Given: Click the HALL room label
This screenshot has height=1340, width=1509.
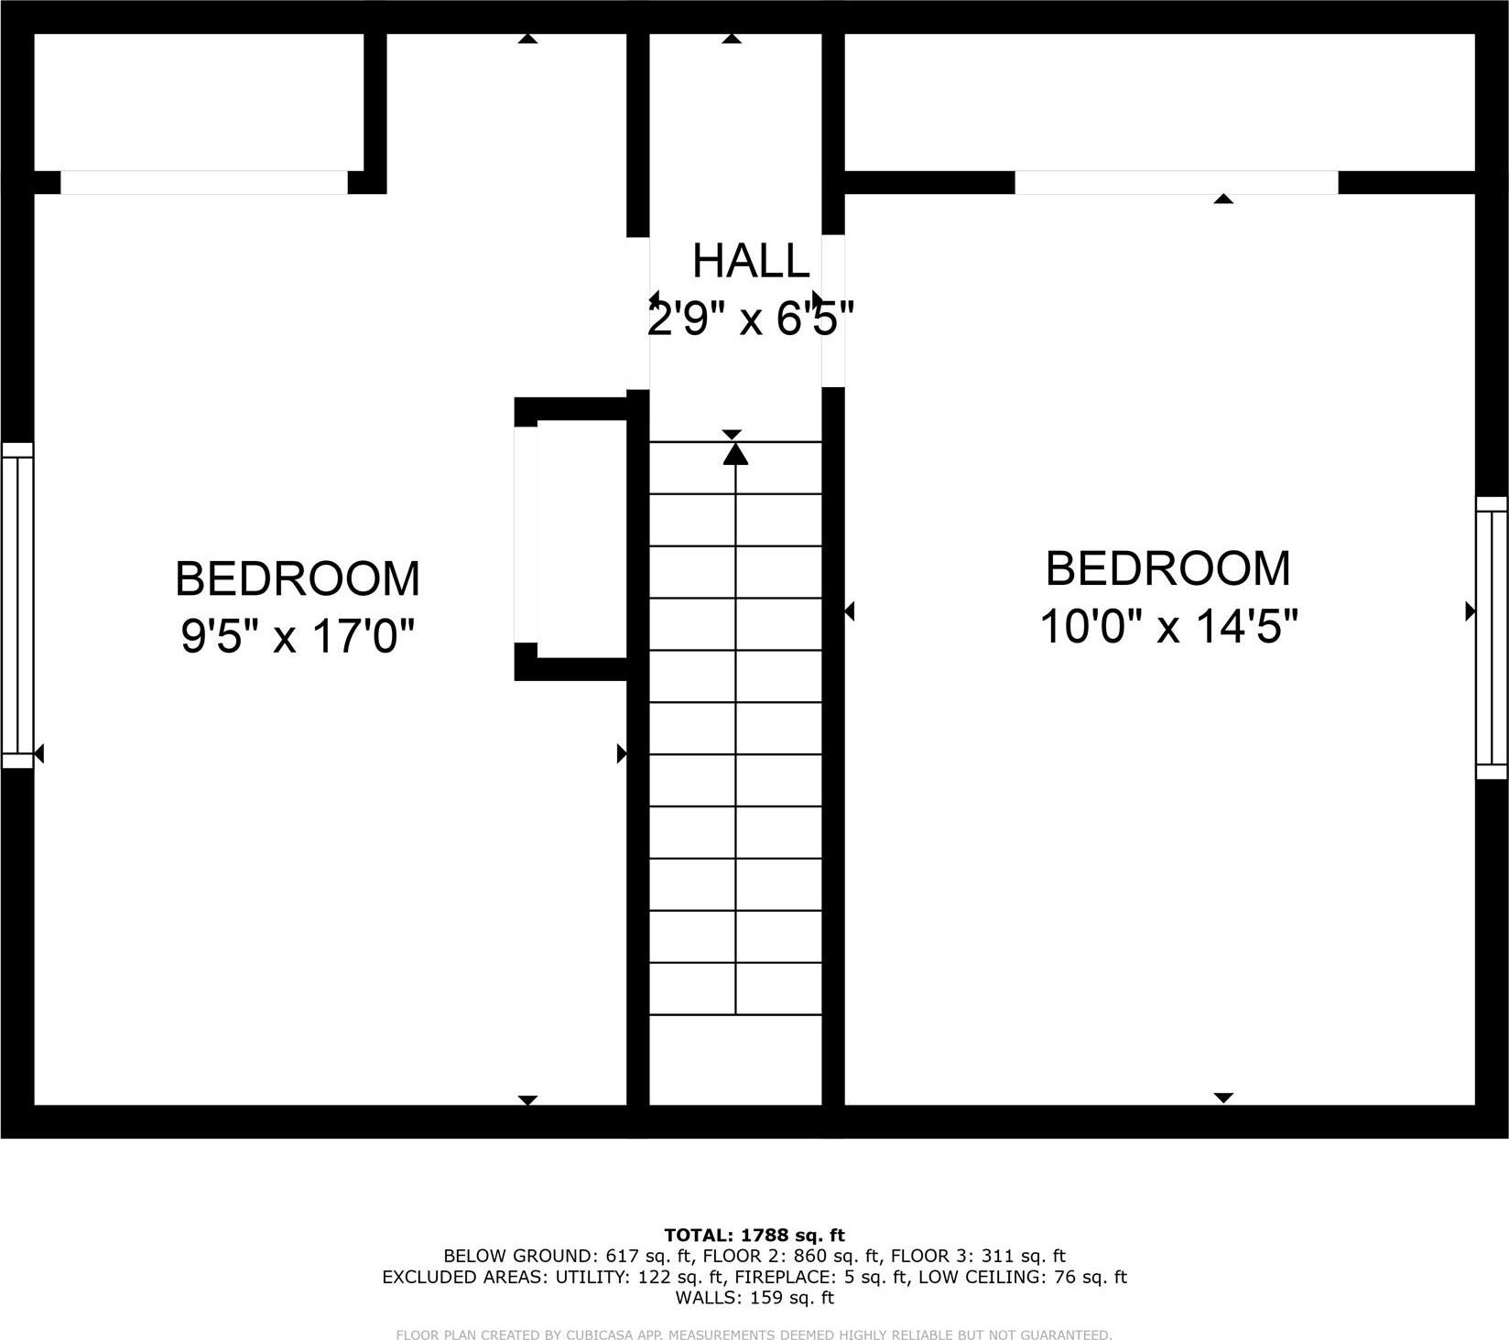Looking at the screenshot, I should [751, 261].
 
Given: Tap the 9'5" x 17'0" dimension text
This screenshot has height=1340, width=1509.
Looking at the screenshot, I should [298, 635].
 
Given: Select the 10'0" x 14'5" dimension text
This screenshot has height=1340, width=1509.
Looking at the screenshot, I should [1168, 627].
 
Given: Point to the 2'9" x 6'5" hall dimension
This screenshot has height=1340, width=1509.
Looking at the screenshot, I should [751, 319].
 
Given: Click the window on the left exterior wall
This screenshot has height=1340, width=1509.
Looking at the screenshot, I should [16, 605].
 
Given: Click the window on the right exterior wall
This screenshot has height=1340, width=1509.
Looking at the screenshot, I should [1491, 638].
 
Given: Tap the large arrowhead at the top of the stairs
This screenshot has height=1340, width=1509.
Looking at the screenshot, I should [735, 454].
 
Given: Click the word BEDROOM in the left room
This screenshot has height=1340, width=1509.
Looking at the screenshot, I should [298, 578].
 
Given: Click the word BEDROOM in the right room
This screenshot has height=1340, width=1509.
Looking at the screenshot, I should [1168, 568].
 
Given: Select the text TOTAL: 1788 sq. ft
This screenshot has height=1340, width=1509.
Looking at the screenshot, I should [754, 1236].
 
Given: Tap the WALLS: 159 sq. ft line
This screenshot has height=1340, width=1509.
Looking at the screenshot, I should [754, 1297].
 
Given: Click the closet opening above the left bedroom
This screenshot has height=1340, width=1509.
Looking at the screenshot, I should [204, 182].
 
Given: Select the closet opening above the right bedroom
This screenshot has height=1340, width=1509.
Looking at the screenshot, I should [1176, 182].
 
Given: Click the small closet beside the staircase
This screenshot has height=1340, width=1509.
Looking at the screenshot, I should [581, 539].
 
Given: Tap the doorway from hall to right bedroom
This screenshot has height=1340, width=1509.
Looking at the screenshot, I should [832, 311].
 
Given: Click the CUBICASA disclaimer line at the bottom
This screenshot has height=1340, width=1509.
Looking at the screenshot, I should [754, 1335].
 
